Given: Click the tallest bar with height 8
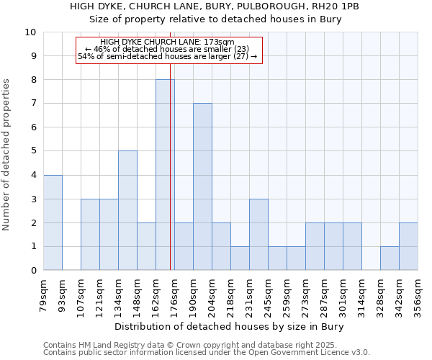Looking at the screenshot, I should [165, 175].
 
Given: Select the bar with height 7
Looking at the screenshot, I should [202, 186].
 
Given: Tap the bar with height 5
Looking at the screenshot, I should [127, 210].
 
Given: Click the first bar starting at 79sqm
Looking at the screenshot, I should [53, 222].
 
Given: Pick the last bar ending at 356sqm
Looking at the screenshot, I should [408, 246].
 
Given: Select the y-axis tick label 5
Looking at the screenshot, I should [32, 151].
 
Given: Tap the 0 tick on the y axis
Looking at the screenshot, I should [32, 270].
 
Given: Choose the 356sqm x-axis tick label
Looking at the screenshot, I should [418, 296].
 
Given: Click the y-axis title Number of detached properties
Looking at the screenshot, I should [7, 155].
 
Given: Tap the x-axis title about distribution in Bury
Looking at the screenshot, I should [230, 327].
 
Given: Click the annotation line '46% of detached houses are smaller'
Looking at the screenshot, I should [167, 49].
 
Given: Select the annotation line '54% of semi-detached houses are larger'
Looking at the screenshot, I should [167, 56].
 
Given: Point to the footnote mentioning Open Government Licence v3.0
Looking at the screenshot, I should [207, 352].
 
